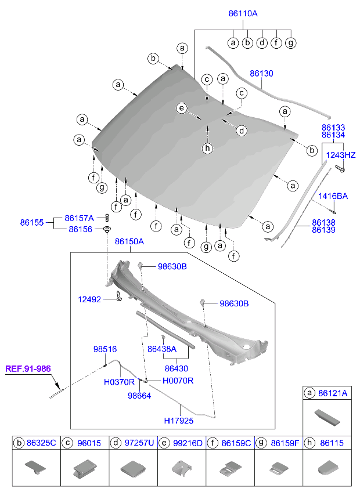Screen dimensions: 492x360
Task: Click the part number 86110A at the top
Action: click(x=242, y=13)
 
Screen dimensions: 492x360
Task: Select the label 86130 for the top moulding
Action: click(x=261, y=74)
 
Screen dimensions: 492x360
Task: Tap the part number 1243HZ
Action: click(x=340, y=155)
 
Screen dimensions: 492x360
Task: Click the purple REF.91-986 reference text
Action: click(x=28, y=368)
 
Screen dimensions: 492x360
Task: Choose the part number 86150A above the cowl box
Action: click(x=129, y=241)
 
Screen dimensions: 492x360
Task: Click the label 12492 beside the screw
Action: click(x=89, y=299)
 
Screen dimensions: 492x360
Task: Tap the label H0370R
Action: click(x=119, y=381)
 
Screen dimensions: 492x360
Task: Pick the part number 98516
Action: click(x=105, y=349)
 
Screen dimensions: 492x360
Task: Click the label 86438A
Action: click(x=162, y=349)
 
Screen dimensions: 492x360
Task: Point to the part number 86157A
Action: click(x=79, y=218)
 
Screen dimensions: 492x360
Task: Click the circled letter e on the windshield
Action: click(x=182, y=108)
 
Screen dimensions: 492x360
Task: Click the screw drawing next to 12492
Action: click(x=118, y=296)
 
